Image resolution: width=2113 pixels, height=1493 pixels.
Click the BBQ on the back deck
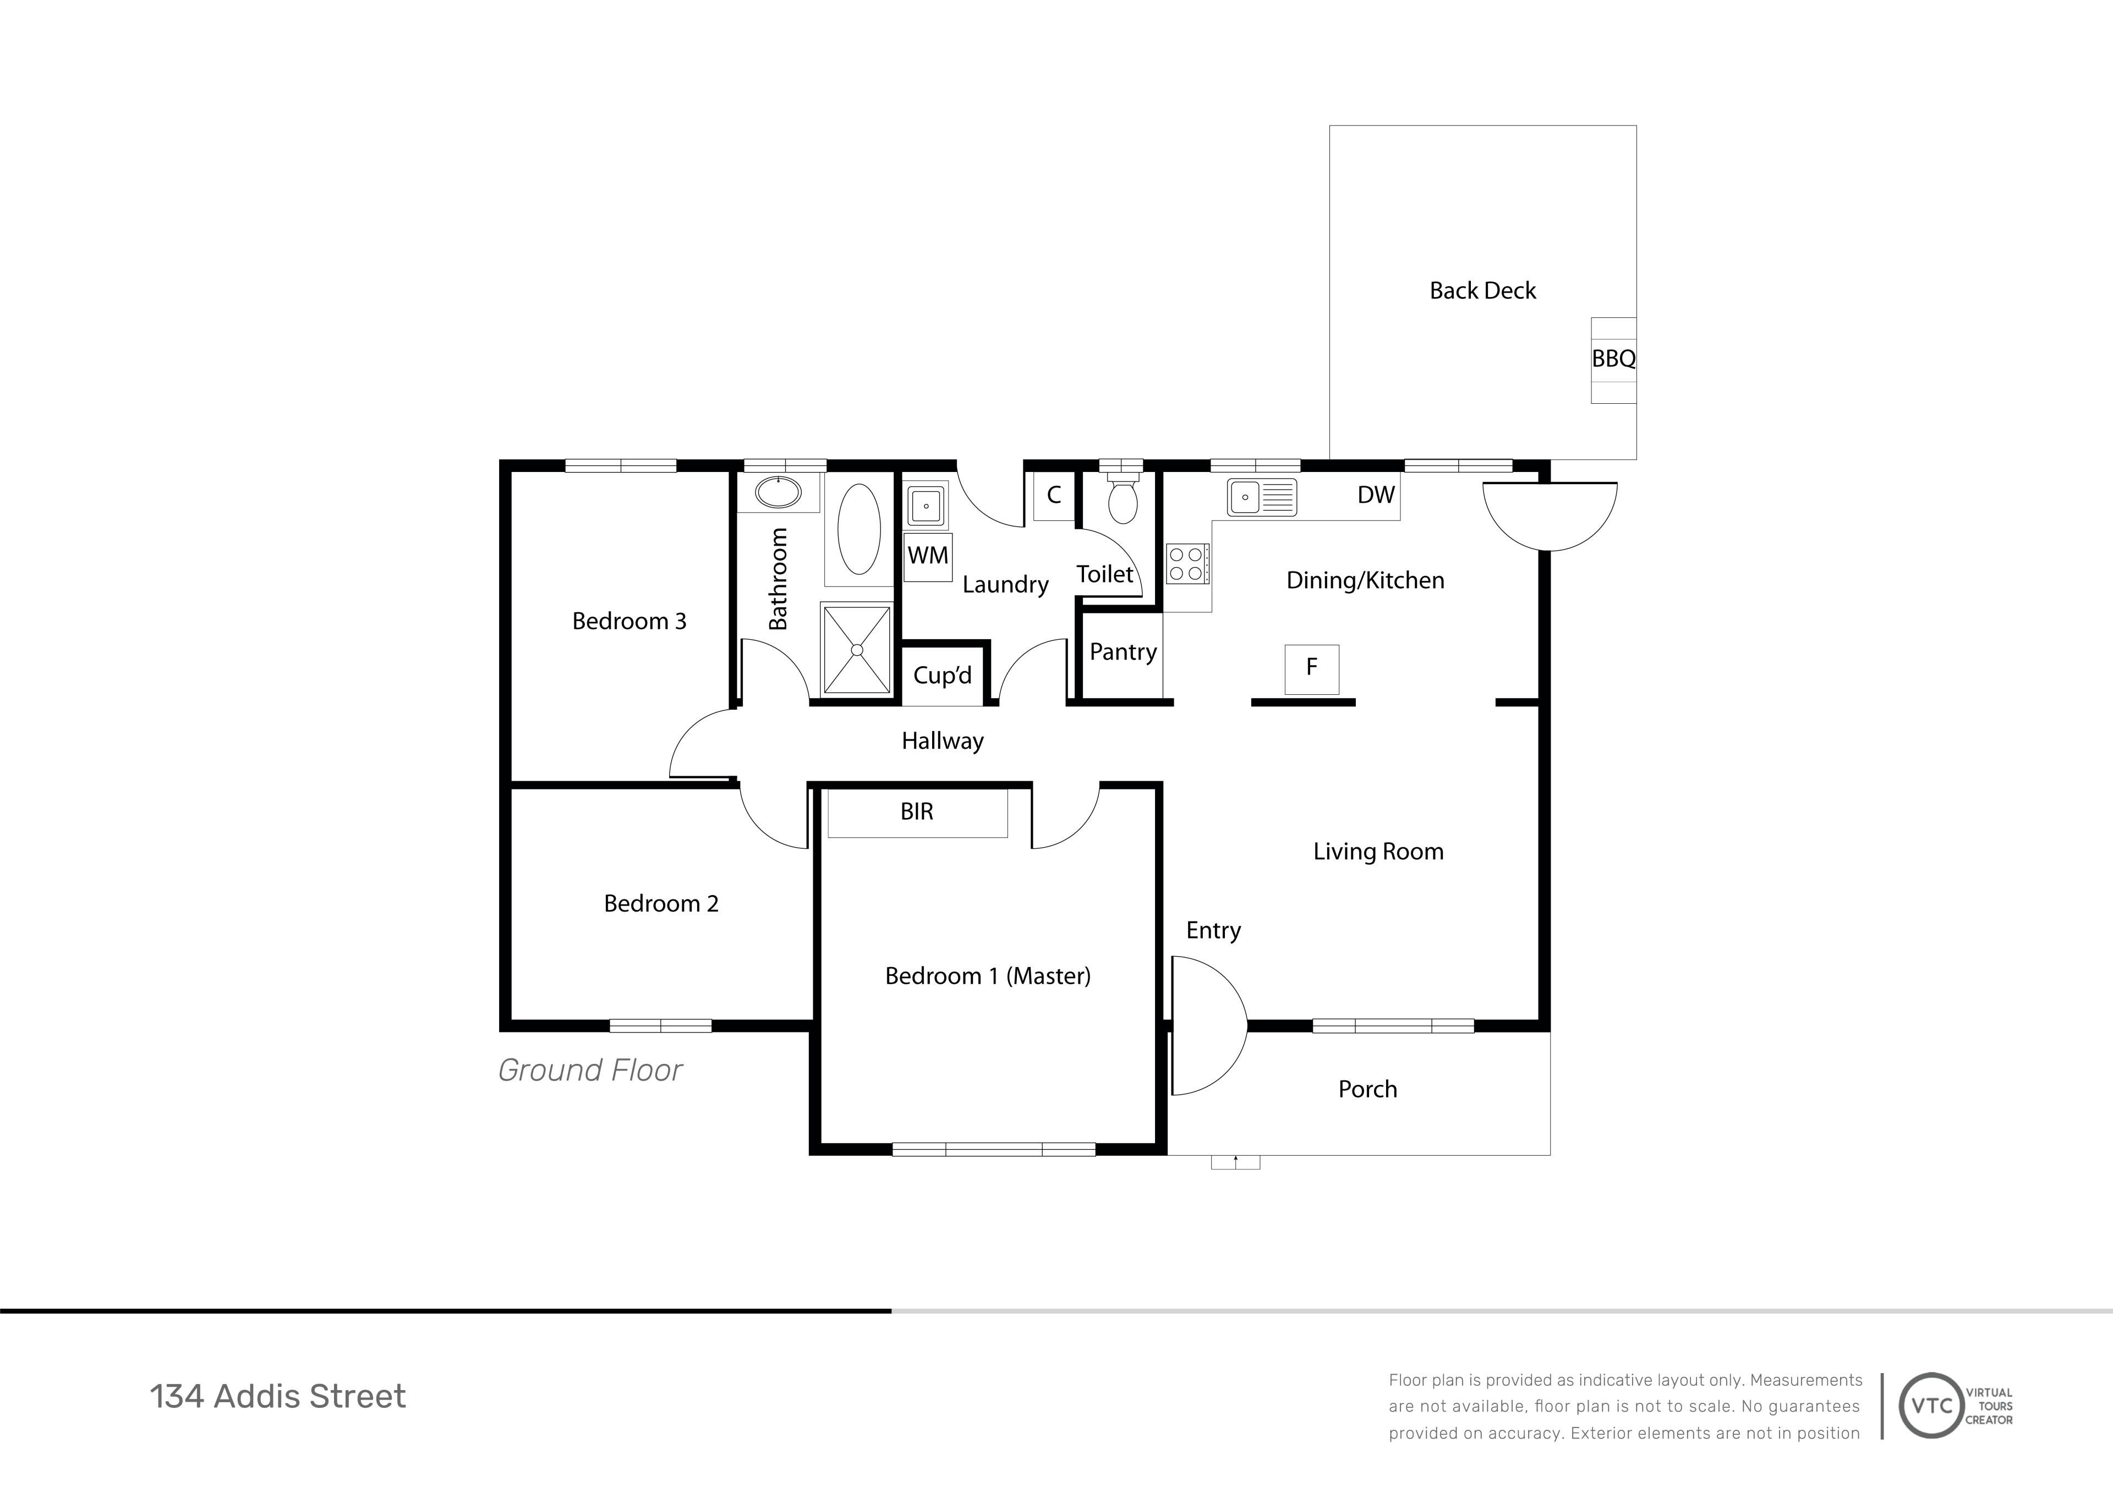1613,360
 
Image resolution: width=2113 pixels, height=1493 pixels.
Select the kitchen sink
1262,497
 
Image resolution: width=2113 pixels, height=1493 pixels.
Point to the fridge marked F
1311,669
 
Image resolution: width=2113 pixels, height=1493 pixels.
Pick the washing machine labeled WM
928,557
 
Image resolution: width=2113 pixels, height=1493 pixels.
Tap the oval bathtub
858,529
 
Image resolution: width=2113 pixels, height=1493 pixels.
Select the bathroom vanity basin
779,492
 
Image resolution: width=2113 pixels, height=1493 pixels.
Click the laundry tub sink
926,505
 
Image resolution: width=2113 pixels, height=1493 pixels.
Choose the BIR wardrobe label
917,811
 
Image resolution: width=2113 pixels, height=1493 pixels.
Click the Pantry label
1123,652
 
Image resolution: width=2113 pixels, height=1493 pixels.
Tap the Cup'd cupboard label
943,675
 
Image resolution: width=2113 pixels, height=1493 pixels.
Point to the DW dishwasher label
1376,495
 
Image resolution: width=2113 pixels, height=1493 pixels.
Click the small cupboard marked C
1054,496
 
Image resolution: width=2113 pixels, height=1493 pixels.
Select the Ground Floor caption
590,1070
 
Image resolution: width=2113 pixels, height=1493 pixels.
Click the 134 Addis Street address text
278,1396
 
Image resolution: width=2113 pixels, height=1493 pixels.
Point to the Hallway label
943,742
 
